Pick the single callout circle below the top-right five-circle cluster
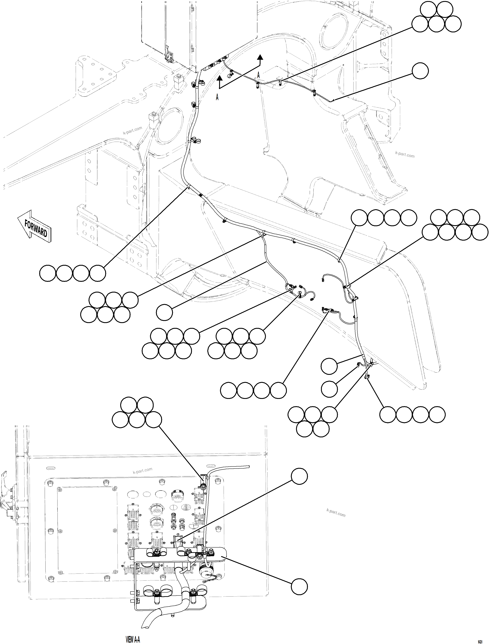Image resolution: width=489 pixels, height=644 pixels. click(420, 70)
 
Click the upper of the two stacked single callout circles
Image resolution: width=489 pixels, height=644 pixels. click(329, 366)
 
